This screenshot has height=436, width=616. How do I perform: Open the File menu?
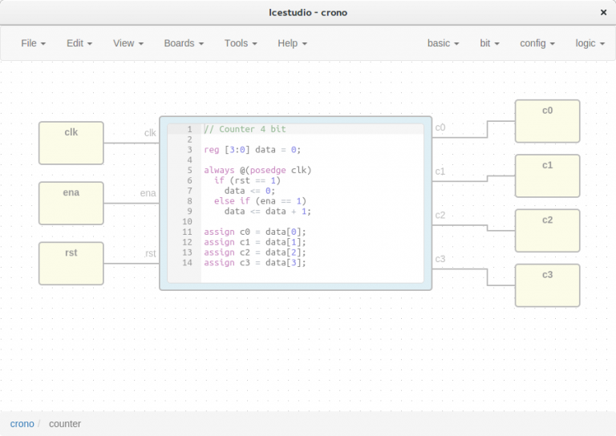tap(33, 43)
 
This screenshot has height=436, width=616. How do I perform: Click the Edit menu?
tap(79, 43)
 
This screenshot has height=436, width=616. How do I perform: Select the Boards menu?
tap(184, 43)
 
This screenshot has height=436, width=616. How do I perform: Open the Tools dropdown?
tap(241, 43)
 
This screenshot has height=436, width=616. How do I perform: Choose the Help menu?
tap(292, 43)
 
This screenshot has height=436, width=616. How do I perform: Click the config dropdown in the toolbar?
tap(537, 43)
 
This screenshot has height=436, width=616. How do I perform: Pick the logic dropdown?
tap(590, 43)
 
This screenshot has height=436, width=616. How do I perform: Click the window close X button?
tap(602, 13)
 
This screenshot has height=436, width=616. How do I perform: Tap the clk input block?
tap(71, 143)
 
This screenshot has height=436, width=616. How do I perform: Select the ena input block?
tap(71, 204)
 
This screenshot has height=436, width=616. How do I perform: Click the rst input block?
tap(71, 264)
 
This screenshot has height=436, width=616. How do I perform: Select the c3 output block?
tap(547, 285)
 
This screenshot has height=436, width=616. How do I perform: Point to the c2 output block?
tap(547, 231)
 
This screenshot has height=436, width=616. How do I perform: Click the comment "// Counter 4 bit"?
tap(245, 129)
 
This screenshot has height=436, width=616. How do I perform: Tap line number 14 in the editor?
tap(187, 263)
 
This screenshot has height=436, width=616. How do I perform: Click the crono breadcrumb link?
tap(22, 423)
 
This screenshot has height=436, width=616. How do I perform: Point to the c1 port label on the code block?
tap(440, 172)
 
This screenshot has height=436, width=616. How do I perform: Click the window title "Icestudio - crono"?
tap(308, 13)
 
